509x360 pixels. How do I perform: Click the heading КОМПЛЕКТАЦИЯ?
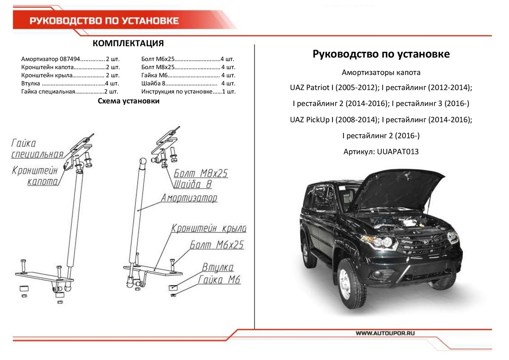128,44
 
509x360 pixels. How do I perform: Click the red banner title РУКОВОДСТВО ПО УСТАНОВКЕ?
104,21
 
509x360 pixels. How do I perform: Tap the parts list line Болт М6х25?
188,59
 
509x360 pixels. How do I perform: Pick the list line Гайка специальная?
70,91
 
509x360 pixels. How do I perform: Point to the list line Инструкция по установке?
188,91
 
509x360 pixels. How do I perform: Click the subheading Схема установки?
129,101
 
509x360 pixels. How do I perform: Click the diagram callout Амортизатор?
189,198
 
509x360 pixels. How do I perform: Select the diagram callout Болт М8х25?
201,174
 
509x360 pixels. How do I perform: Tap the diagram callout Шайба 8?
193,185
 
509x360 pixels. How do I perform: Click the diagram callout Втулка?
218,268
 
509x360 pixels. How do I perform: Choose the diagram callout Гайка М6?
219,280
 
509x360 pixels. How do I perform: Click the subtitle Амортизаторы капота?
381,72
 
